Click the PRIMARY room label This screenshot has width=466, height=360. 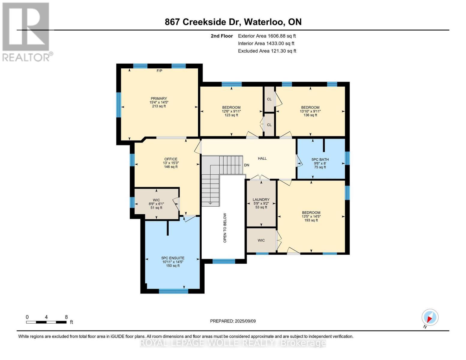click(x=159, y=99)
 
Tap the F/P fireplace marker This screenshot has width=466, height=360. click(x=159, y=71)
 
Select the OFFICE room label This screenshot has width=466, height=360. click(x=171, y=159)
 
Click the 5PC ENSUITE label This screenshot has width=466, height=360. click(x=173, y=258)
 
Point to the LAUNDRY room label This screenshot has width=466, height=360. click(x=261, y=199)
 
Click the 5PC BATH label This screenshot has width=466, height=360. click(x=320, y=160)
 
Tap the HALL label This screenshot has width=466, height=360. click(x=262, y=158)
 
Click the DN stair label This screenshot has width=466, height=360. click(x=247, y=165)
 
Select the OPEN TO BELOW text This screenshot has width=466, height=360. click(x=225, y=228)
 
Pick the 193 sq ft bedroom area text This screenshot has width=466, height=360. click(x=311, y=220)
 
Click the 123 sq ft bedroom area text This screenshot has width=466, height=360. click(x=231, y=115)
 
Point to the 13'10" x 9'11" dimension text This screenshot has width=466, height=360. click(x=310, y=111)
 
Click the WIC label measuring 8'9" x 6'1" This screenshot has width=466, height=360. click(x=156, y=200)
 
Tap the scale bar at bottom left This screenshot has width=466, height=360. click(x=46, y=322)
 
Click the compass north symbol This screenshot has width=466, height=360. click(x=430, y=317)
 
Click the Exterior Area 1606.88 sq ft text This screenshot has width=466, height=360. click(x=267, y=36)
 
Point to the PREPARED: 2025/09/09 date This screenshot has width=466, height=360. click(x=233, y=321)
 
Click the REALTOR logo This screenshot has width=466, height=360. click(x=27, y=32)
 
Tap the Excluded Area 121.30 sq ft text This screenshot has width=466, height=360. click(x=267, y=51)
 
